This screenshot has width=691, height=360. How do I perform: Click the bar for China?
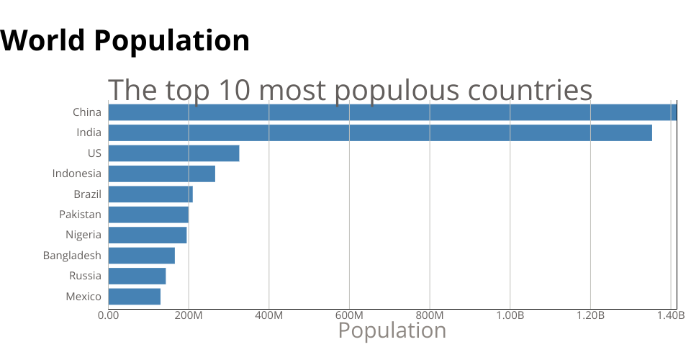click(x=392, y=112)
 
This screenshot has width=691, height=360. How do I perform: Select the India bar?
click(x=380, y=132)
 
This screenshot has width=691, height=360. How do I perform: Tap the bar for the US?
click(x=173, y=153)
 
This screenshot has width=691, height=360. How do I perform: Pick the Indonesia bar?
click(x=161, y=174)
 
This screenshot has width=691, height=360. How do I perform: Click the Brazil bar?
click(x=150, y=194)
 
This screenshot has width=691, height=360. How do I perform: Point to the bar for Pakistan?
click(x=148, y=215)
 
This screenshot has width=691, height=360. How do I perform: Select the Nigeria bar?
click(x=148, y=235)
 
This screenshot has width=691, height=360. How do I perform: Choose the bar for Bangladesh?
click(x=141, y=256)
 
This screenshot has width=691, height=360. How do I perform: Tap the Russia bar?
click(x=137, y=276)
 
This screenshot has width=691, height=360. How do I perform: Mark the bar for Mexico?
click(x=134, y=296)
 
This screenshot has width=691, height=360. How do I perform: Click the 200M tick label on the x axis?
click(x=189, y=315)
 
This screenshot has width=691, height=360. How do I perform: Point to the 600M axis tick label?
click(x=349, y=315)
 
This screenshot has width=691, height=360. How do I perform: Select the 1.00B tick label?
click(x=510, y=315)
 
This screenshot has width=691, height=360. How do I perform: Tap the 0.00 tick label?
click(x=108, y=315)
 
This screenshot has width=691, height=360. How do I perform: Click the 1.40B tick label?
click(x=670, y=315)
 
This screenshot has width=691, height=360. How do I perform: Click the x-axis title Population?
click(x=392, y=330)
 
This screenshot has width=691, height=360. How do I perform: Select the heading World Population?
click(x=125, y=40)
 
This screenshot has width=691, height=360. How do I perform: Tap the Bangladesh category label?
click(x=72, y=256)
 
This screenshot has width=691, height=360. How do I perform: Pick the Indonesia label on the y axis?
click(x=76, y=174)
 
